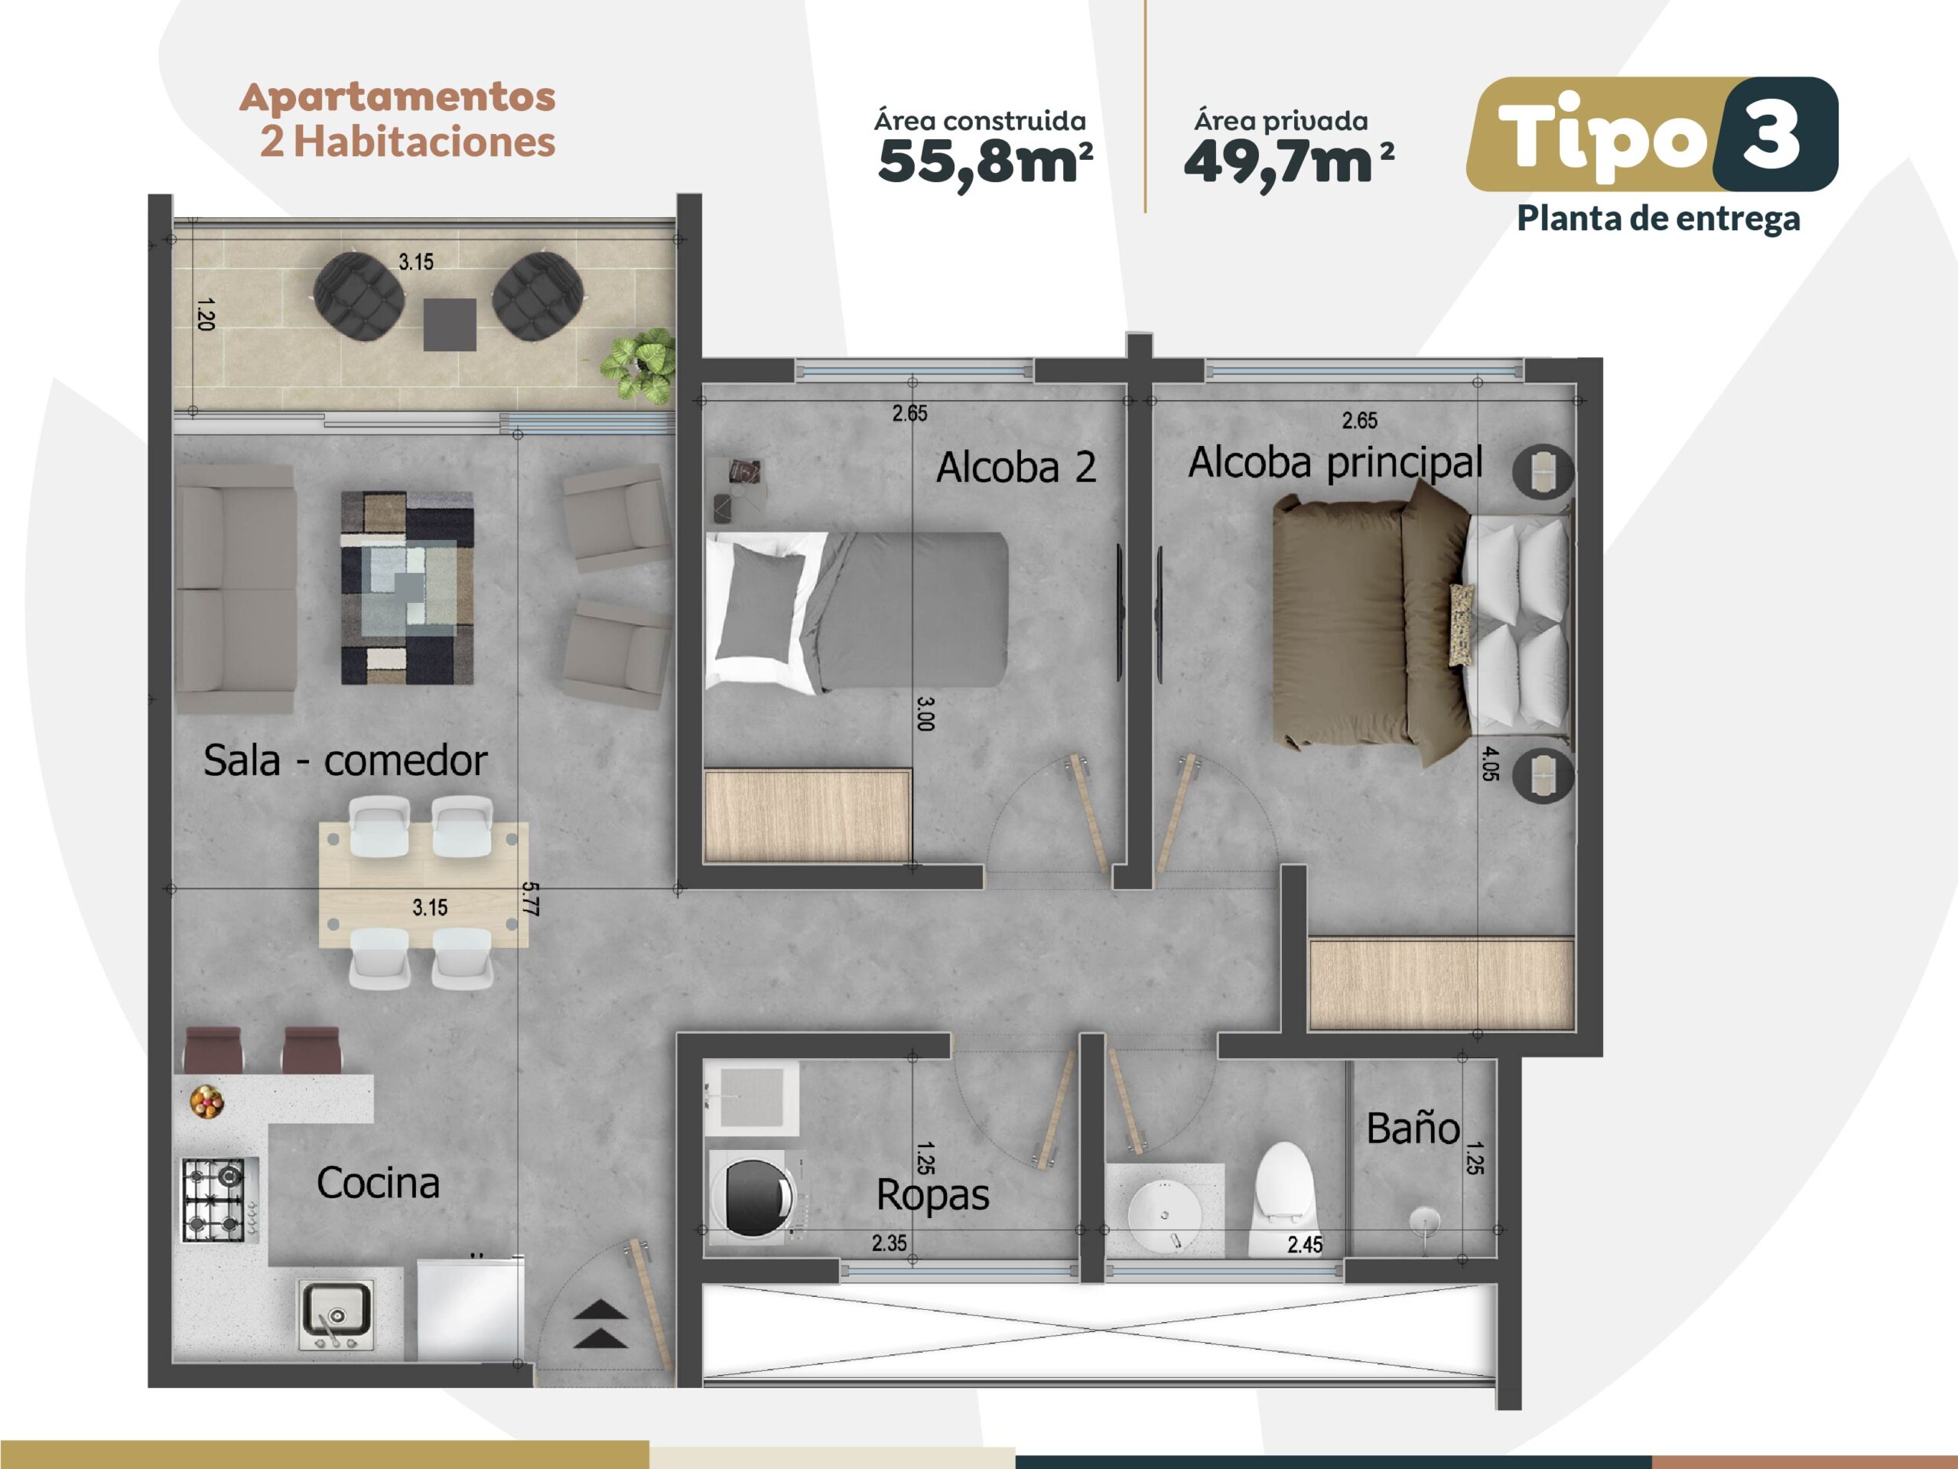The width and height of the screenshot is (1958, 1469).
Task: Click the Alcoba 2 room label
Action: click(1016, 467)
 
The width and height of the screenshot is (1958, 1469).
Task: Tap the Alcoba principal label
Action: click(1335, 462)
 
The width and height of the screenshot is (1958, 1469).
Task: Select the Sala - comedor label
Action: click(345, 760)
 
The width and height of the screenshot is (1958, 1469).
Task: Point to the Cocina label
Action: click(378, 1183)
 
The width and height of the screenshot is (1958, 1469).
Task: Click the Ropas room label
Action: click(933, 1195)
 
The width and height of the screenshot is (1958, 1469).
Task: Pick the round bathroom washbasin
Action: click(1165, 1216)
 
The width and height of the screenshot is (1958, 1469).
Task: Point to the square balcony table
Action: click(450, 324)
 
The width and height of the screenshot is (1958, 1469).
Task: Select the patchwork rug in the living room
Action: click(407, 588)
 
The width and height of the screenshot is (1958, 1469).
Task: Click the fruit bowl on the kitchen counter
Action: click(207, 1102)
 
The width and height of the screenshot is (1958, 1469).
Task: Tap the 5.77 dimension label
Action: click(530, 898)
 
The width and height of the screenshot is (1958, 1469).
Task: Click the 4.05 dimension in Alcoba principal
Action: click(1490, 764)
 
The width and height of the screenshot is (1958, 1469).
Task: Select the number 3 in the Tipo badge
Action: click(1771, 135)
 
